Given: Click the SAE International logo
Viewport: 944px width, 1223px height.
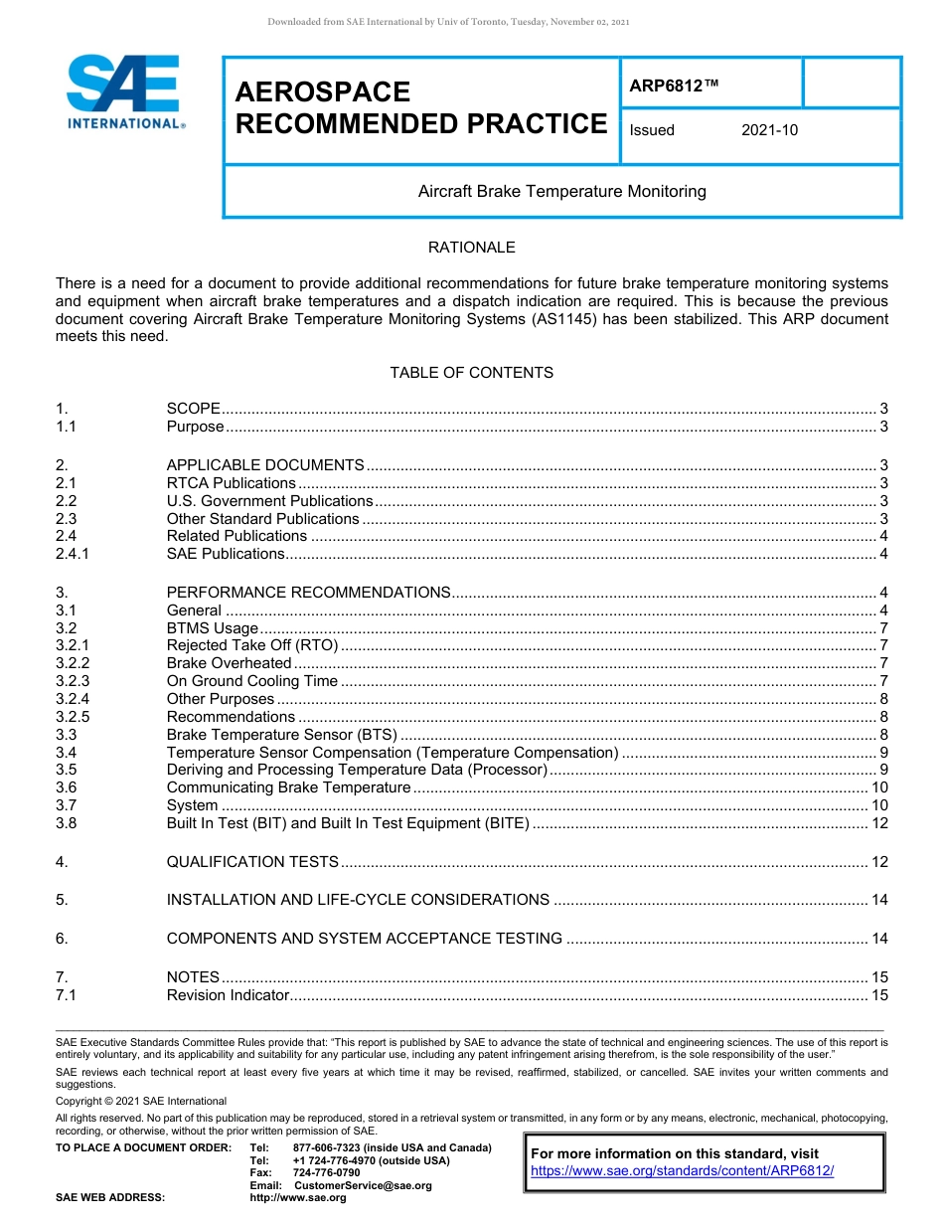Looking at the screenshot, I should [124, 92].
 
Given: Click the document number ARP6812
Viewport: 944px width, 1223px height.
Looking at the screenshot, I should [673, 87].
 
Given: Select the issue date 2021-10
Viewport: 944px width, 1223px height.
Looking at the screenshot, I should [769, 130].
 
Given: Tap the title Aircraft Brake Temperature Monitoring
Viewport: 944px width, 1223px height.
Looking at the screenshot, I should [561, 191].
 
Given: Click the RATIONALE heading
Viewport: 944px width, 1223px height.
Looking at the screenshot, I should [471, 247].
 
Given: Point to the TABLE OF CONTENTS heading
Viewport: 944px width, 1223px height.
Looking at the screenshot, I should [471, 373].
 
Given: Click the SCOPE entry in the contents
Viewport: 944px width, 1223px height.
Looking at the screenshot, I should [193, 409].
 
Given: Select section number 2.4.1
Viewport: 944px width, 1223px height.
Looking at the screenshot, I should [73, 554].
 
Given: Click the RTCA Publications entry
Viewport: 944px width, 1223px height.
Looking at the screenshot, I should [231, 483].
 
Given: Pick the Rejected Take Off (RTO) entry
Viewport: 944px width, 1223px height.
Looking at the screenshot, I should [252, 645].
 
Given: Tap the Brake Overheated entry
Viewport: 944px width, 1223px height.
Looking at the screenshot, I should [229, 663].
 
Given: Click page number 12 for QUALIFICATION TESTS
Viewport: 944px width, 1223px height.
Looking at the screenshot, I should [878, 862].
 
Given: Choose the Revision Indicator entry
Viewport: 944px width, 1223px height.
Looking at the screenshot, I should [228, 995].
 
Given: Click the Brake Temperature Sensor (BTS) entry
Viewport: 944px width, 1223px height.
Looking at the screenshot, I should [281, 735].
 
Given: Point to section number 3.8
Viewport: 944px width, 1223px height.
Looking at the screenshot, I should [67, 823].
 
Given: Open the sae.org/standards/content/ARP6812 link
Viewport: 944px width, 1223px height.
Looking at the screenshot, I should [682, 1170].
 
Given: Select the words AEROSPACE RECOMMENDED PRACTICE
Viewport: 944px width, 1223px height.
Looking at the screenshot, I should [420, 107].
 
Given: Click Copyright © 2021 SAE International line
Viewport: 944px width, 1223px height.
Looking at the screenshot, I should [141, 1101].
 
